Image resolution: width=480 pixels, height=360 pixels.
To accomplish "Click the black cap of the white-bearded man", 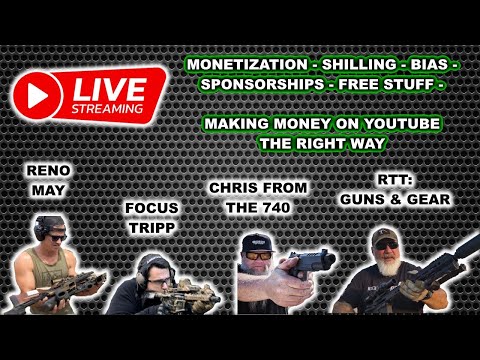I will tap(384, 235).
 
